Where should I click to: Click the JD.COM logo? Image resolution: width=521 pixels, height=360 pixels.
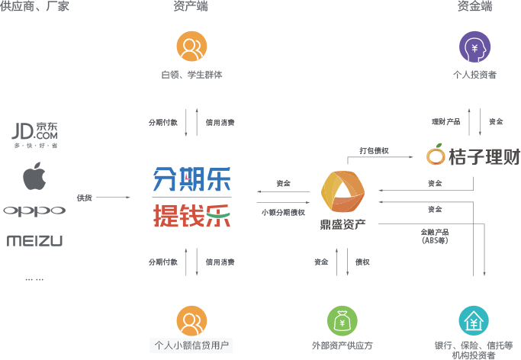point(35,134)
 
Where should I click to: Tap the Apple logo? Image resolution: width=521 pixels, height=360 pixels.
point(34,177)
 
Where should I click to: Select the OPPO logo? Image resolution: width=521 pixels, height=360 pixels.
point(34,211)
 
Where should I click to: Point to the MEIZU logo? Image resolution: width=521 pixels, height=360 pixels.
point(34,241)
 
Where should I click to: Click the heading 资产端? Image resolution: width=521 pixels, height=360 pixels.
point(191,7)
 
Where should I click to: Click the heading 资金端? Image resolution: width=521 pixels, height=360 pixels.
point(474,7)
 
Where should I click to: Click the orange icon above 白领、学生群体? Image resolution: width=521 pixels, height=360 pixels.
point(191,47)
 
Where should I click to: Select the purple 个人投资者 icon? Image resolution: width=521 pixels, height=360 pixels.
point(474,47)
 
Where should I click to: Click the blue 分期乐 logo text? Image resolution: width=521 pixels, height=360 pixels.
point(191,179)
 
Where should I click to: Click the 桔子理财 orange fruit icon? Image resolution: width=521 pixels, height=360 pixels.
point(436,156)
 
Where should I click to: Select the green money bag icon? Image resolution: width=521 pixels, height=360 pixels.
point(343,320)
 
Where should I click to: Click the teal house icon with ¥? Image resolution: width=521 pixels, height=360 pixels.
point(474,320)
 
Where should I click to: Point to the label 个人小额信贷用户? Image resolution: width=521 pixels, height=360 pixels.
point(191,345)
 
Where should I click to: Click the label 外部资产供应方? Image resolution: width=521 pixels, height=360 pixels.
point(343,345)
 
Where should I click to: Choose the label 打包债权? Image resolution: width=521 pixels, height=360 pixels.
point(375,150)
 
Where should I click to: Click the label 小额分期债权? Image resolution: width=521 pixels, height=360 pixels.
point(283,213)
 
